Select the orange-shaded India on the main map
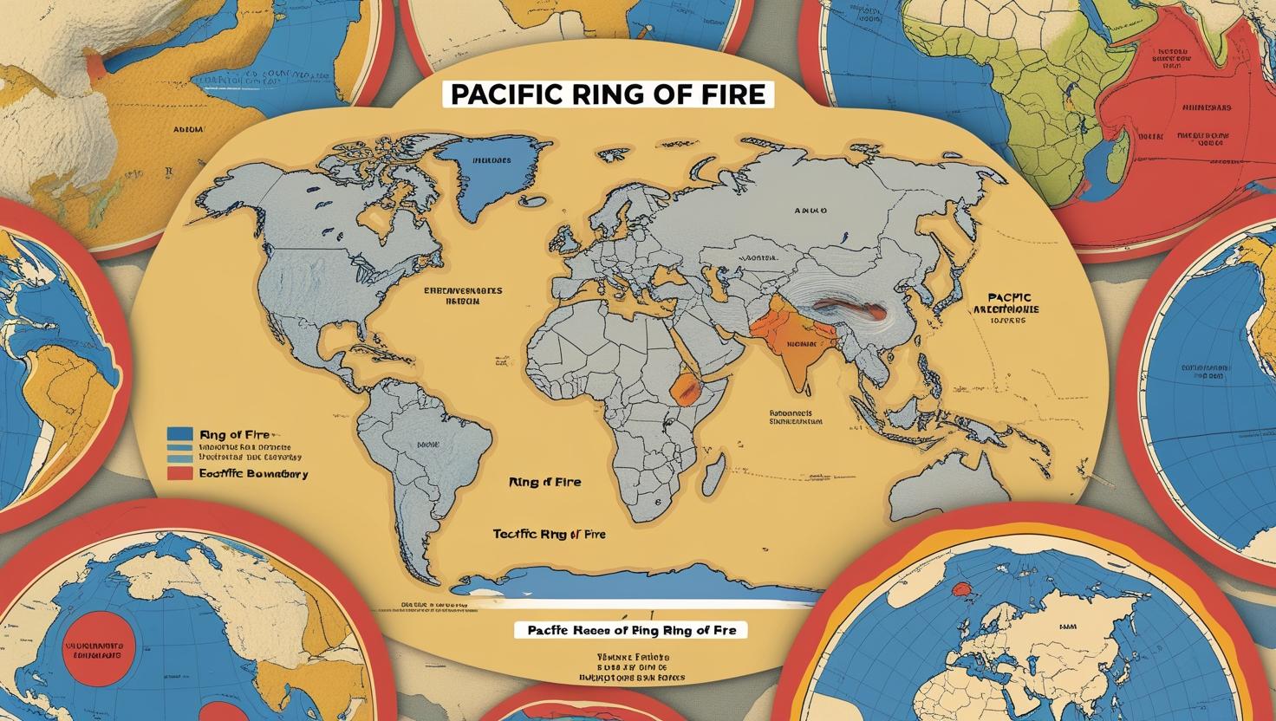(x=793, y=347)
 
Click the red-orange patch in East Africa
(x=685, y=389)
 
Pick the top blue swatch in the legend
(x=179, y=433)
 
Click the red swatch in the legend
(x=179, y=473)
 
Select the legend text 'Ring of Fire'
(x=234, y=433)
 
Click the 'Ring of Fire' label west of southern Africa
(x=545, y=482)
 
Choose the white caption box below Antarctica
(x=630, y=630)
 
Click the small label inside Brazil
(x=427, y=444)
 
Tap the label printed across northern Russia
(x=810, y=211)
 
